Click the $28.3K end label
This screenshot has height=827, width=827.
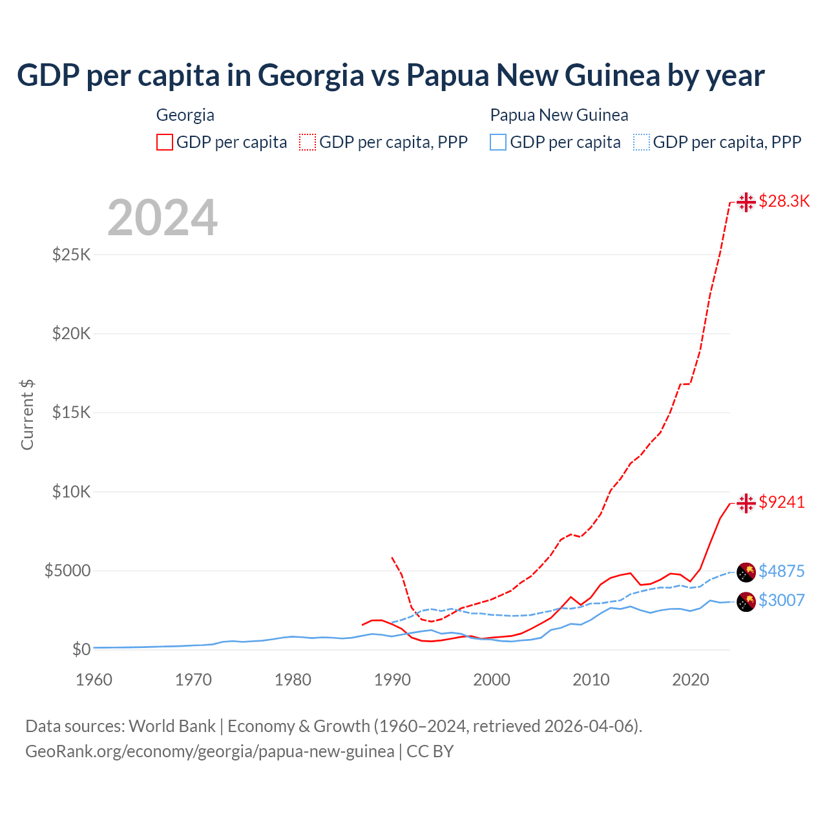tap(784, 202)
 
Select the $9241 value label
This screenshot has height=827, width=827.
tap(782, 502)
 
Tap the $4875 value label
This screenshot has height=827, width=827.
tap(781, 571)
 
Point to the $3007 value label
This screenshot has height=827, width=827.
tap(781, 600)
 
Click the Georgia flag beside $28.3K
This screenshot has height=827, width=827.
tap(746, 202)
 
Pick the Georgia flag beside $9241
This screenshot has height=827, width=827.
tap(746, 503)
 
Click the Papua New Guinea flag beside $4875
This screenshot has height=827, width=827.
tap(746, 572)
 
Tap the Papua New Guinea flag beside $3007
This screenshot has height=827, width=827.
tap(746, 601)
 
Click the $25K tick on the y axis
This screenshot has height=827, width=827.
tap(72, 255)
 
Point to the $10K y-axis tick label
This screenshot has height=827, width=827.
tap(72, 492)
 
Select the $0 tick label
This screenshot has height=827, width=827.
tap(81, 649)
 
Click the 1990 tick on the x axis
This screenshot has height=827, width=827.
tap(392, 680)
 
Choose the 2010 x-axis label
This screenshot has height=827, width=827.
tap(591, 680)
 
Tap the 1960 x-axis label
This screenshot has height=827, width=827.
tap(94, 680)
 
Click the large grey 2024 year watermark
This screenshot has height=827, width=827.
tap(162, 218)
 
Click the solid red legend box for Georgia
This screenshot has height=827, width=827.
tap(165, 142)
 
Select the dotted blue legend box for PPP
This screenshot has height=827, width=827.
tap(642, 142)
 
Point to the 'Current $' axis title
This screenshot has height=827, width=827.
tap(27, 415)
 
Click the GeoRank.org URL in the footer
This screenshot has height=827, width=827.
tap(210, 751)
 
